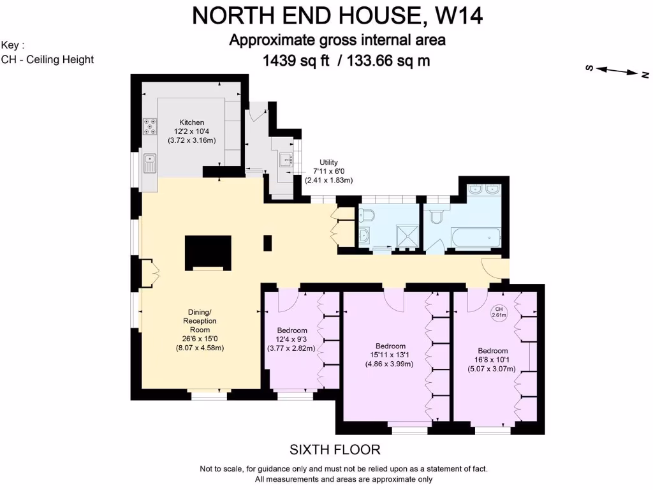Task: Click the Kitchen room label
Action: click(191, 122)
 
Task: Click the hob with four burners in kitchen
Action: click(150, 126)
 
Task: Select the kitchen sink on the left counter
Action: click(150, 163)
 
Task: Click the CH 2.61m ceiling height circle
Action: click(498, 312)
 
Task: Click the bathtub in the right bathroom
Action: click(472, 237)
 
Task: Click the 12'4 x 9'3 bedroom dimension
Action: click(291, 339)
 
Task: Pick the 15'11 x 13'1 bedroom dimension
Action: click(389, 355)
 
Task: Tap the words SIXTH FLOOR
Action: click(335, 450)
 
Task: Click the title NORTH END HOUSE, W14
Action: click(337, 15)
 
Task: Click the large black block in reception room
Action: click(208, 253)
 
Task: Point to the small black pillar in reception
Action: click(268, 242)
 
